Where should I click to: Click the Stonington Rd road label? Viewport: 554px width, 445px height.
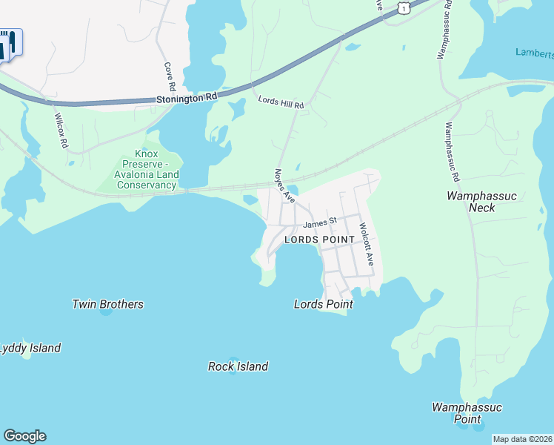(186, 97)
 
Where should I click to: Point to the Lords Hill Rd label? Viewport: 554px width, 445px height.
(281, 102)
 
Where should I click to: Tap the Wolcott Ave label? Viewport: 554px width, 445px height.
(364, 245)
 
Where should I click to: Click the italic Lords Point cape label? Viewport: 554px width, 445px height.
(323, 304)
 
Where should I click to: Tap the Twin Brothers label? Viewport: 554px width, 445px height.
(107, 304)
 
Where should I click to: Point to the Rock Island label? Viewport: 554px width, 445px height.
(238, 366)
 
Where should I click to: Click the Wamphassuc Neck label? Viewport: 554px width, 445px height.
(481, 202)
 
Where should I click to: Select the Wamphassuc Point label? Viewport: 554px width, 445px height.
(467, 413)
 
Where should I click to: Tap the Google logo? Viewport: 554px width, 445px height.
(24, 436)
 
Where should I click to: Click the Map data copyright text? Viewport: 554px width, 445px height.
(522, 439)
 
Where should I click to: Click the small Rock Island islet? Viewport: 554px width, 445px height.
(233, 372)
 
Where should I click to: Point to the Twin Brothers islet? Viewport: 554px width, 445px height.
(106, 312)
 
